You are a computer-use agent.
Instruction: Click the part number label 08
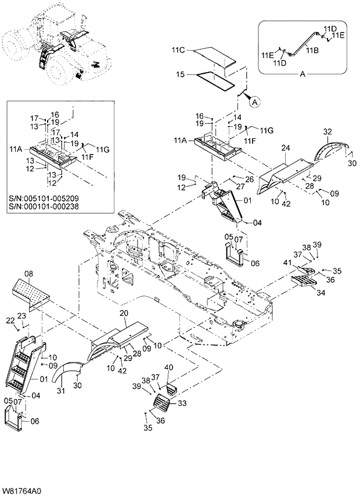coord(28,272)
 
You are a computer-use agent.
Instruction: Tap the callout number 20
coord(123,313)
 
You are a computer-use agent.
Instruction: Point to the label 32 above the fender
coord(327,132)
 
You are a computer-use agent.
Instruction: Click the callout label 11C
coord(179,51)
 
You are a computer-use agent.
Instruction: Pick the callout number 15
coord(180,74)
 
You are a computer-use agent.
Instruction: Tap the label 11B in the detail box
coord(312,51)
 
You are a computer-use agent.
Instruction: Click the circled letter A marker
coord(254,102)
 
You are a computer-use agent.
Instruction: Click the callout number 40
coord(169,367)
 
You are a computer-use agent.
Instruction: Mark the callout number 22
coord(10,321)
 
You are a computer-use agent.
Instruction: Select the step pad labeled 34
coord(304,283)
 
